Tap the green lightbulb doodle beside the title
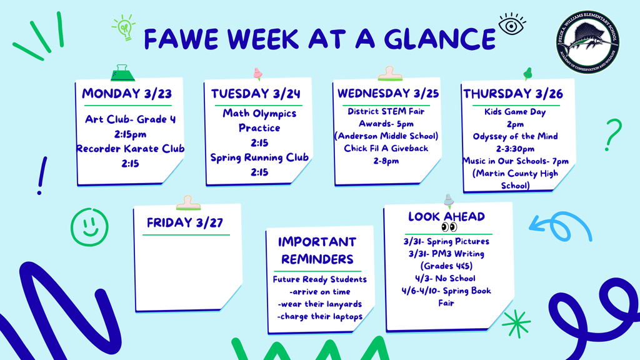pyautogui.click(x=124, y=28)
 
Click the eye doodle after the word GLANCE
pyautogui.click(x=511, y=26)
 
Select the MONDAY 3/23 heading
pyautogui.click(x=127, y=94)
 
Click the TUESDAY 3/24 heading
pyautogui.click(x=256, y=94)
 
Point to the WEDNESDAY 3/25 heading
pyautogui.click(x=388, y=94)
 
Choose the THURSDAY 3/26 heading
pyautogui.click(x=513, y=94)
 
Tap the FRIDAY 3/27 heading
pyautogui.click(x=185, y=222)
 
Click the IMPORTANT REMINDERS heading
pyautogui.click(x=317, y=250)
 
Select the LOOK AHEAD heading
pyautogui.click(x=446, y=217)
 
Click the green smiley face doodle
pyautogui.click(x=89, y=225)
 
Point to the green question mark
pyautogui.click(x=614, y=134)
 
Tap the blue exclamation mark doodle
pyautogui.click(x=42, y=176)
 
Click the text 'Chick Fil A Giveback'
pyautogui.click(x=386, y=148)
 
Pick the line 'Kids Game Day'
pyautogui.click(x=515, y=112)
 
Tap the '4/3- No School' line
pyautogui.click(x=445, y=278)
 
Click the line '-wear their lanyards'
pyautogui.click(x=319, y=304)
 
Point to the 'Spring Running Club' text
pyautogui.click(x=259, y=157)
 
